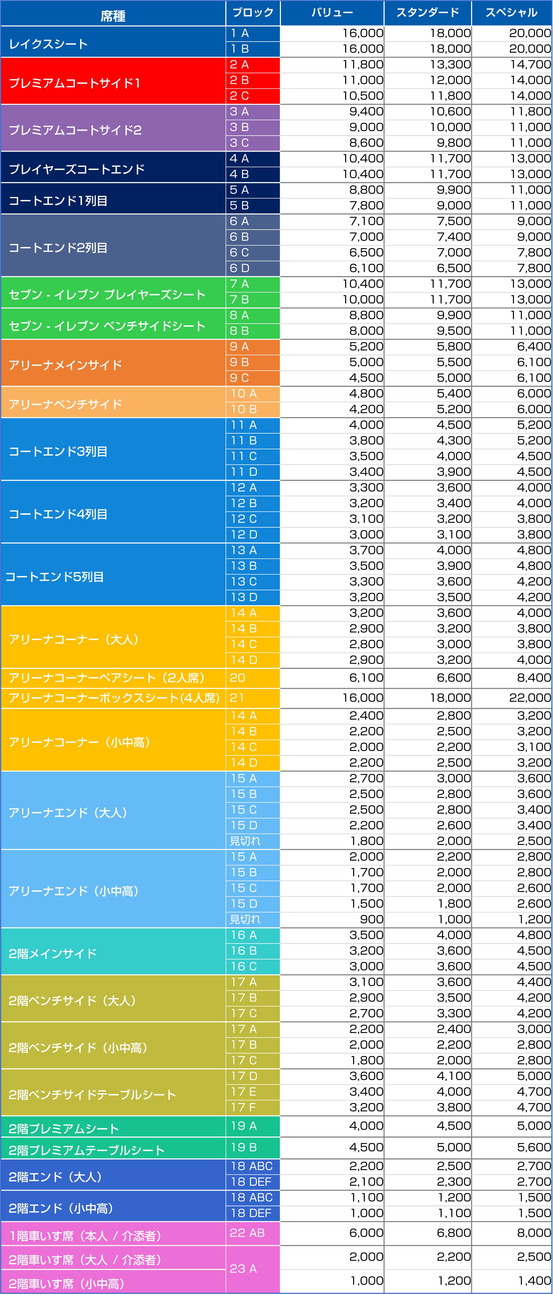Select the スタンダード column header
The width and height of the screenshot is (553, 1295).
(x=427, y=12)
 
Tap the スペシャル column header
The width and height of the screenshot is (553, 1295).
(x=511, y=12)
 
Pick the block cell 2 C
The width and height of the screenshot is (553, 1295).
(x=239, y=96)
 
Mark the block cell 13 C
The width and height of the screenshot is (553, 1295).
(x=244, y=582)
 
